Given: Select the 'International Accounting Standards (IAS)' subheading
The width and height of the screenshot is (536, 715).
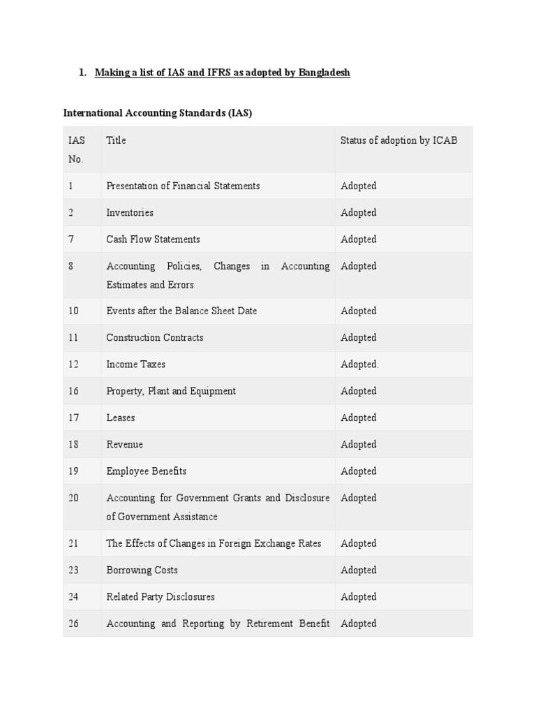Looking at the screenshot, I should pyautogui.click(x=158, y=113).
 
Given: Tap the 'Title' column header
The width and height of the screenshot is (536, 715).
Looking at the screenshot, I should pyautogui.click(x=116, y=140).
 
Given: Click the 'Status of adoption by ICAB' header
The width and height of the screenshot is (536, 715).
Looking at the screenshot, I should pyautogui.click(x=399, y=140).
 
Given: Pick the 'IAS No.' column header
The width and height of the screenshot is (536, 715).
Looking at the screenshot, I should pyautogui.click(x=76, y=149).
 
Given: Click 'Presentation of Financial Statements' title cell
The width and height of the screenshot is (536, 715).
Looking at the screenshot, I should pyautogui.click(x=183, y=186).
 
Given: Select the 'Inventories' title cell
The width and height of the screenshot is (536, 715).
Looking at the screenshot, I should pyautogui.click(x=130, y=212).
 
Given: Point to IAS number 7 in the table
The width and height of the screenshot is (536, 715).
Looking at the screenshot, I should pyautogui.click(x=71, y=239).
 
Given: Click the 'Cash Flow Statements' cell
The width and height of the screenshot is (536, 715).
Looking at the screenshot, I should pyautogui.click(x=153, y=239).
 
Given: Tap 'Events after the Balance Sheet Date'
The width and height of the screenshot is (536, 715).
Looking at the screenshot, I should pyautogui.click(x=181, y=311).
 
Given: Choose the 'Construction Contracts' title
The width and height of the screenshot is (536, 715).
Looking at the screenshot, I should pyautogui.click(x=155, y=337).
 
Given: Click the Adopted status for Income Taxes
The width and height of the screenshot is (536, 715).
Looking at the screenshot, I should pyautogui.click(x=359, y=364).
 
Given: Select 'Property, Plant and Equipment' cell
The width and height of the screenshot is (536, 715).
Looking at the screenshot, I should pyautogui.click(x=171, y=391).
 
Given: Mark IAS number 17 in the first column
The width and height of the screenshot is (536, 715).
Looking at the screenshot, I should pyautogui.click(x=73, y=418).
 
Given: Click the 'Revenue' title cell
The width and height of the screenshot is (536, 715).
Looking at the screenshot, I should pyautogui.click(x=124, y=444).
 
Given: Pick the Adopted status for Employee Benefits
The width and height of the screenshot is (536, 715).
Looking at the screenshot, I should pyautogui.click(x=359, y=471).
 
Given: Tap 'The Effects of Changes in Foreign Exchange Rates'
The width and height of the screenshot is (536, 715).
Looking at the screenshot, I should pyautogui.click(x=214, y=543).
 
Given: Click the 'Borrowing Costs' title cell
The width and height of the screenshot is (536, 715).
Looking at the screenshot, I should pyautogui.click(x=142, y=570).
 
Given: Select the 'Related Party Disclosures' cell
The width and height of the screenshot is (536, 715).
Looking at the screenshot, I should pyautogui.click(x=161, y=597).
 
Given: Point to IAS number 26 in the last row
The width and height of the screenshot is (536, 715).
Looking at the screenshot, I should pyautogui.click(x=73, y=624).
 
